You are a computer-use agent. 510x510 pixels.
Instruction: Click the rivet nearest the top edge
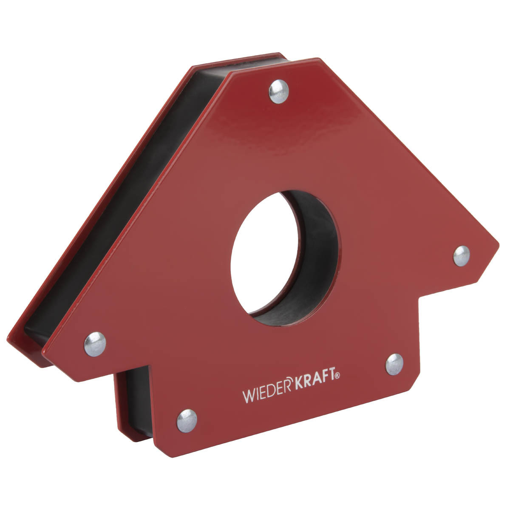tap(278, 91)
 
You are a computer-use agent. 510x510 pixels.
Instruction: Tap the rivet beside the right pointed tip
tap(462, 256)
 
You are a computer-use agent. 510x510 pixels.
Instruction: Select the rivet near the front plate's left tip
tap(95, 344)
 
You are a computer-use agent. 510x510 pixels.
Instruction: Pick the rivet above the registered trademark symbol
tap(394, 364)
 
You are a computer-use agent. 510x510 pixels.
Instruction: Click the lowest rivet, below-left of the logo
tap(187, 420)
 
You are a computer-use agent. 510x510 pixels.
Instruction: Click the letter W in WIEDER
tap(248, 396)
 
